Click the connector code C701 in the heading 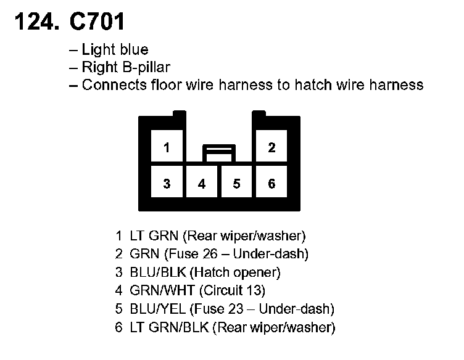[97, 23]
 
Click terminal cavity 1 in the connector [167, 148]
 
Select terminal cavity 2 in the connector [271, 148]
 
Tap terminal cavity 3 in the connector [167, 184]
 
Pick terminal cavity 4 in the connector [202, 184]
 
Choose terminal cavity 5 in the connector [236, 184]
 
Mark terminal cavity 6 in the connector [271, 184]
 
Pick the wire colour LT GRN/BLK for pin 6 [170, 327]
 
